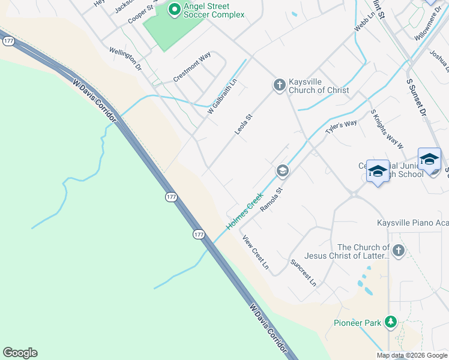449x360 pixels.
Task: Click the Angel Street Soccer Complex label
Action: (214, 10)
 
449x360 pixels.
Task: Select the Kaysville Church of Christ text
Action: (319, 86)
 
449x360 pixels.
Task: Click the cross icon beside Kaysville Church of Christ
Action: (279, 85)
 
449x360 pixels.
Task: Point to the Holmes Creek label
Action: (245, 211)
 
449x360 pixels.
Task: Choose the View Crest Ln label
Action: (256, 252)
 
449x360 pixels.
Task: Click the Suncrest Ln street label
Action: (303, 272)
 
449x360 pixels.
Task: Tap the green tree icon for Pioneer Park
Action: (391, 322)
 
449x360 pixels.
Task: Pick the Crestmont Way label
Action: (192, 67)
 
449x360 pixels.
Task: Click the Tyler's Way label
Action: (341, 127)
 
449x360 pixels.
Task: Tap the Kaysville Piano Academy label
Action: (412, 223)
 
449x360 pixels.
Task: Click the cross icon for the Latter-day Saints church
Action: (399, 250)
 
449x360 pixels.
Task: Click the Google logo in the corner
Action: (20, 353)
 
